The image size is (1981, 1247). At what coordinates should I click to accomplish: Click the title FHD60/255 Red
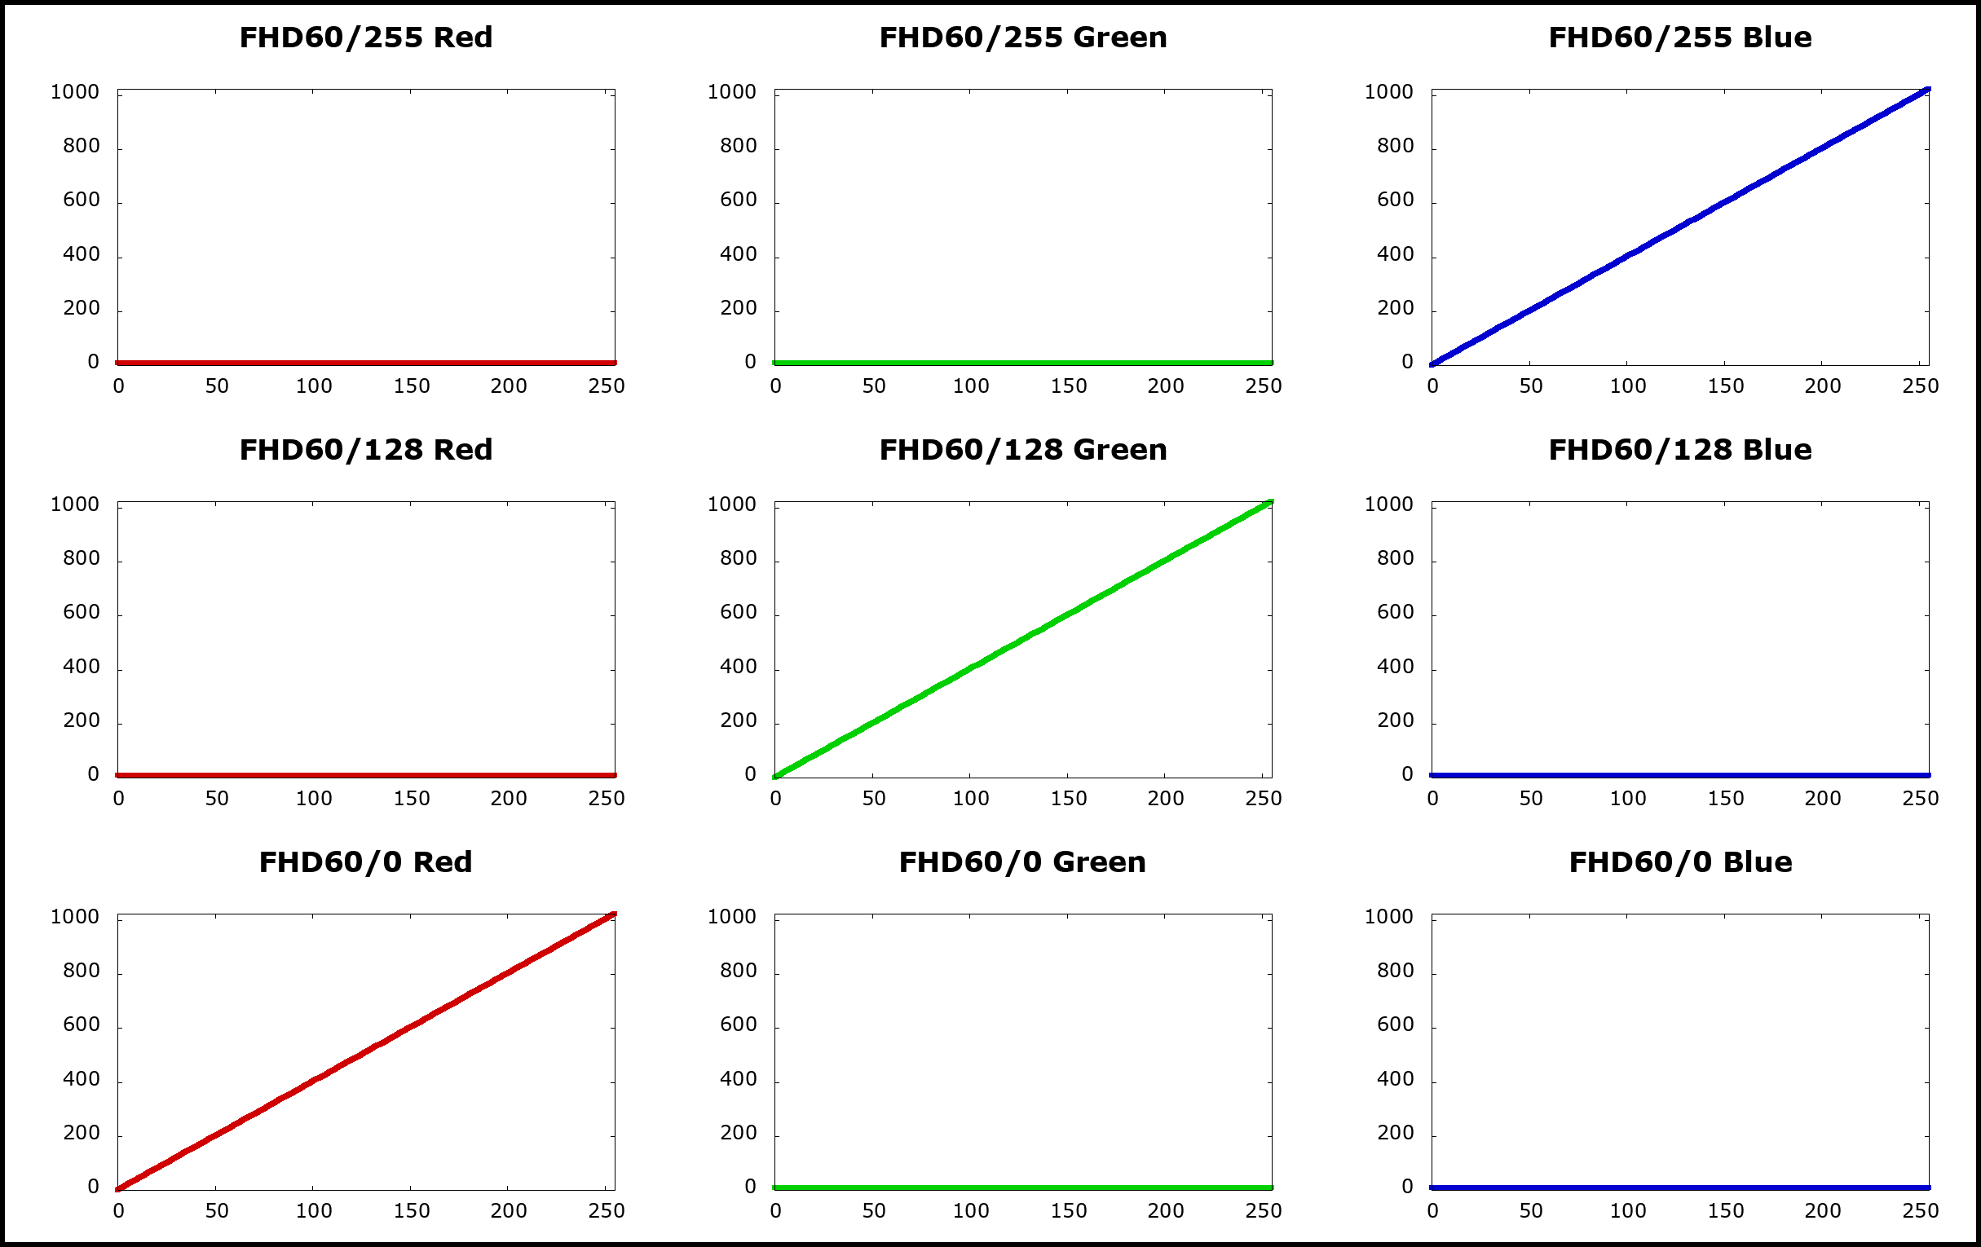(366, 37)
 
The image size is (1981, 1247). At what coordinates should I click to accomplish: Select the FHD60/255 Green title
(1022, 37)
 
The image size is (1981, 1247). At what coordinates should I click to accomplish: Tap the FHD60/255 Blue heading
(1680, 37)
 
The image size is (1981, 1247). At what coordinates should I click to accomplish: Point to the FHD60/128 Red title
(366, 450)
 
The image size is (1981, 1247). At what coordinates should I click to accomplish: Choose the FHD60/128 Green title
(1022, 450)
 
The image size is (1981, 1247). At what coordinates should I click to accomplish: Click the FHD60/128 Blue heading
(1680, 450)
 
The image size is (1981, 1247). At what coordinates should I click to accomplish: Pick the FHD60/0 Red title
(366, 862)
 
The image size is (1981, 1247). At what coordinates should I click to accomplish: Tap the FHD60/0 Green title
(1022, 862)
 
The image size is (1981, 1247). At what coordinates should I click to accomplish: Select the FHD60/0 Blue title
(1680, 862)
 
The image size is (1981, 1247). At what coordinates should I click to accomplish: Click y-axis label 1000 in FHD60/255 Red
(75, 92)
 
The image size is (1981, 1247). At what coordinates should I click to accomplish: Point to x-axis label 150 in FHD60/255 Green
(1069, 386)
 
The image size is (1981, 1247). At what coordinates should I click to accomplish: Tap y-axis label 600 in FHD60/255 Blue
(1395, 200)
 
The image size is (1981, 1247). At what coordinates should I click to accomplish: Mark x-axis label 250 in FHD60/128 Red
(607, 798)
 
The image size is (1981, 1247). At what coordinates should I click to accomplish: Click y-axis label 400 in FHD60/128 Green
(738, 666)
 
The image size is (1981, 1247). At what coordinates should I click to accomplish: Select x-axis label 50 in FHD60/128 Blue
(1531, 798)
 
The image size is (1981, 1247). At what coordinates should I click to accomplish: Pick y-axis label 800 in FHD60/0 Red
(82, 971)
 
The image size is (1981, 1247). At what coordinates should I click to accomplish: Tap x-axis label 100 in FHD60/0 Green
(971, 1211)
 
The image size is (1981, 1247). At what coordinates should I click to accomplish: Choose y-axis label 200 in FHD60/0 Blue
(1395, 1133)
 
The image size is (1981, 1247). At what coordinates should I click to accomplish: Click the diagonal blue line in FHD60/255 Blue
(1681, 227)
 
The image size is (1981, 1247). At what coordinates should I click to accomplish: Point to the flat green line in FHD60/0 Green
(1022, 1188)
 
